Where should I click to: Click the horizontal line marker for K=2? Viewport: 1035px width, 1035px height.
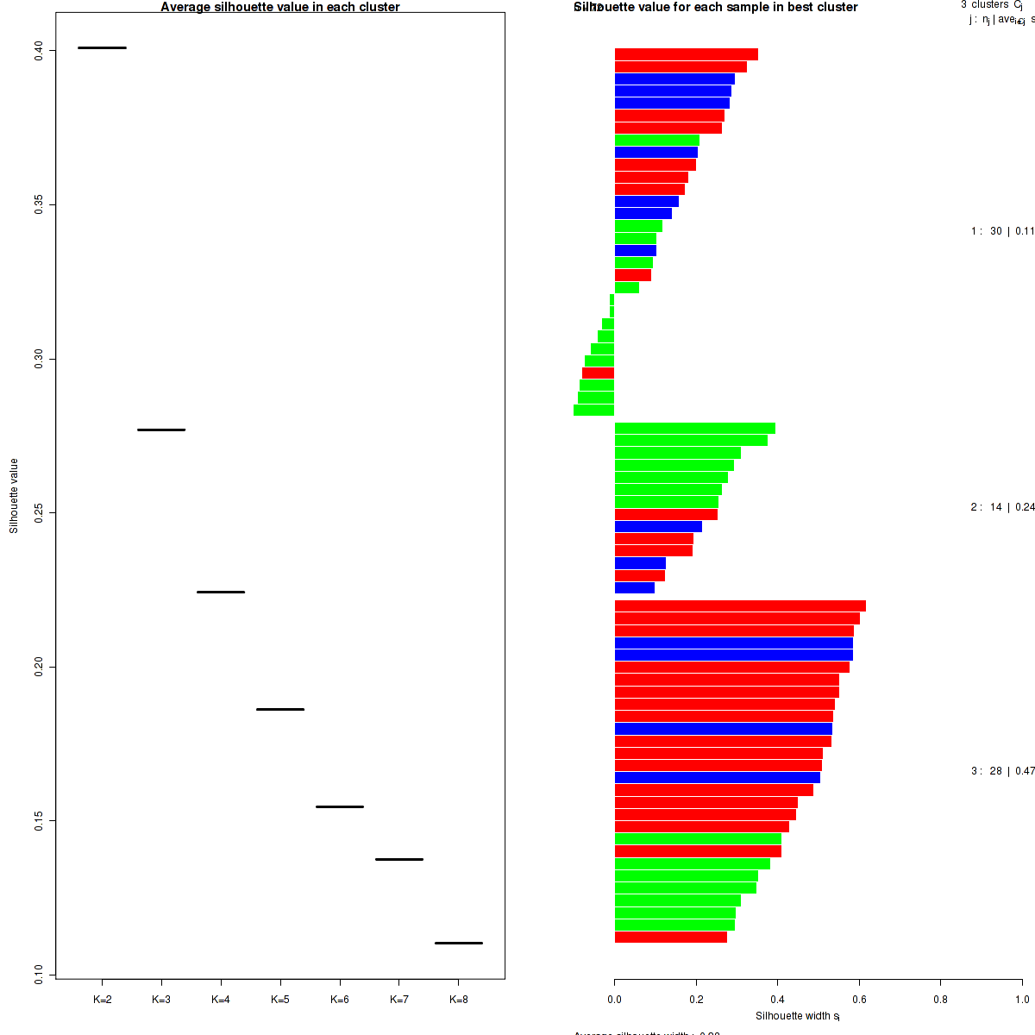pyautogui.click(x=102, y=47)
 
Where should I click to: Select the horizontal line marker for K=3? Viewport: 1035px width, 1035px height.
pyautogui.click(x=161, y=430)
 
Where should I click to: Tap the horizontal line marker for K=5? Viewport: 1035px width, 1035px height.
pyautogui.click(x=280, y=709)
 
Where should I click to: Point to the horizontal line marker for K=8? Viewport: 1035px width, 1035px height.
pyautogui.click(x=458, y=943)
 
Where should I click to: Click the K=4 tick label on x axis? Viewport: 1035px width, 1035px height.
pyautogui.click(x=221, y=1000)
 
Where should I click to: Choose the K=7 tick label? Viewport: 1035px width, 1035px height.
pyautogui.click(x=398, y=1000)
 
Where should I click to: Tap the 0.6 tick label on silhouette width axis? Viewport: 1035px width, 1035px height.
pyautogui.click(x=859, y=1000)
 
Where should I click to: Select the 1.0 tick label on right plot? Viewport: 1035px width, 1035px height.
pyautogui.click(x=1022, y=1000)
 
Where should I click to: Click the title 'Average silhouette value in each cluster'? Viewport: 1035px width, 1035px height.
pyautogui.click(x=280, y=7)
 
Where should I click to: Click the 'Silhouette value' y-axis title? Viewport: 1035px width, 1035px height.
pyautogui.click(x=14, y=496)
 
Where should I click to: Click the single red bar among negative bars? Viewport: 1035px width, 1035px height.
pyautogui.click(x=598, y=373)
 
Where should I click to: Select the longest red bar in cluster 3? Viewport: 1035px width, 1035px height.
pyautogui.click(x=740, y=606)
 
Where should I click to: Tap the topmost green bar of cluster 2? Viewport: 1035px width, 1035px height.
pyautogui.click(x=694, y=428)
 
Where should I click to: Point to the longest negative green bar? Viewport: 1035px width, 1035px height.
pyautogui.click(x=593, y=411)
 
